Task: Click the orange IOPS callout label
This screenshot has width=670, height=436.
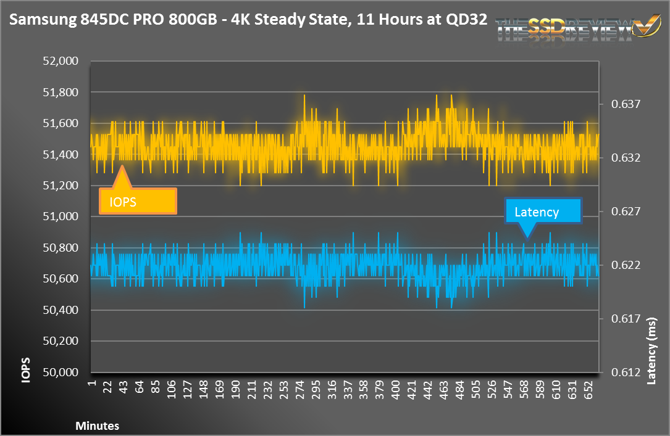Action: [x=138, y=201]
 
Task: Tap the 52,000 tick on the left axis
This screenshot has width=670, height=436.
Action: [x=61, y=61]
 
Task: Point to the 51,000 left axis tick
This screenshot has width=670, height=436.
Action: [x=61, y=216]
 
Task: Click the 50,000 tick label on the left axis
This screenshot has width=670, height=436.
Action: [x=61, y=372]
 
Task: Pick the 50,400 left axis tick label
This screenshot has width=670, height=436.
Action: [x=61, y=310]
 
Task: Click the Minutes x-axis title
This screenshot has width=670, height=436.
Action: [x=97, y=426]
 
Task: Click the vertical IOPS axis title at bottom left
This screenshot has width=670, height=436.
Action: [x=25, y=370]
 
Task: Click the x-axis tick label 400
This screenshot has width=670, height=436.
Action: [x=396, y=390]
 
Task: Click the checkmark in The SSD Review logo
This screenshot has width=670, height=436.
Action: [x=643, y=25]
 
